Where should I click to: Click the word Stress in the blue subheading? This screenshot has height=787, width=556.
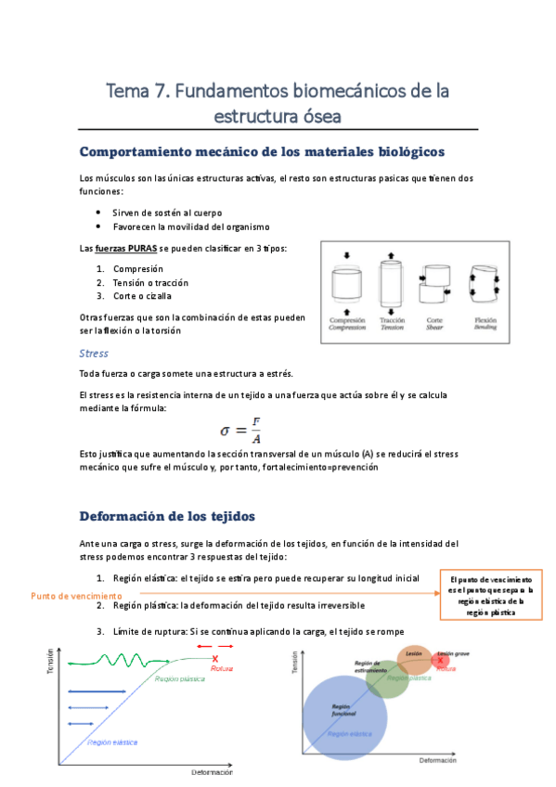click(x=94, y=354)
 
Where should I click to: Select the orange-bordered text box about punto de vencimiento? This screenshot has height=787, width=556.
click(x=488, y=594)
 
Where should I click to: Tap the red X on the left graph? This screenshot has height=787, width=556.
click(x=215, y=658)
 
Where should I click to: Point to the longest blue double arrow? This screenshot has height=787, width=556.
click(x=98, y=691)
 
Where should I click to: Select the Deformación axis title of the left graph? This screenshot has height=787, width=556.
click(x=212, y=772)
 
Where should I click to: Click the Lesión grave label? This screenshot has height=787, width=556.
click(x=453, y=653)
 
